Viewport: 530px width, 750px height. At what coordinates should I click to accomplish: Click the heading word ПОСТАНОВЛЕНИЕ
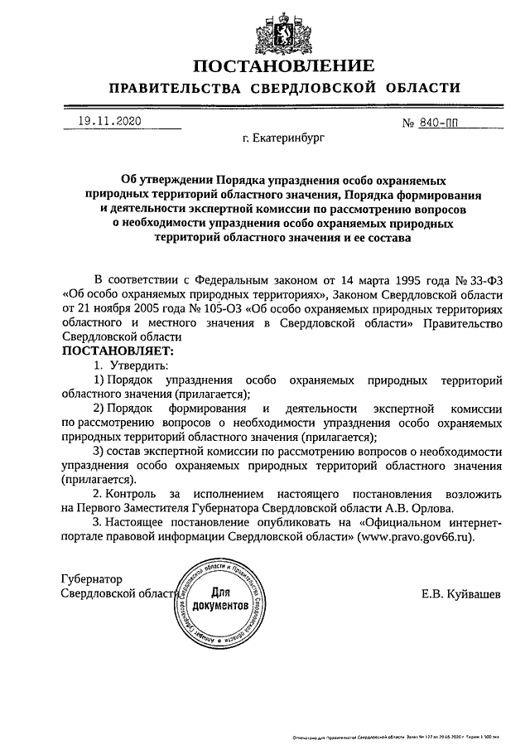(x=283, y=65)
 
